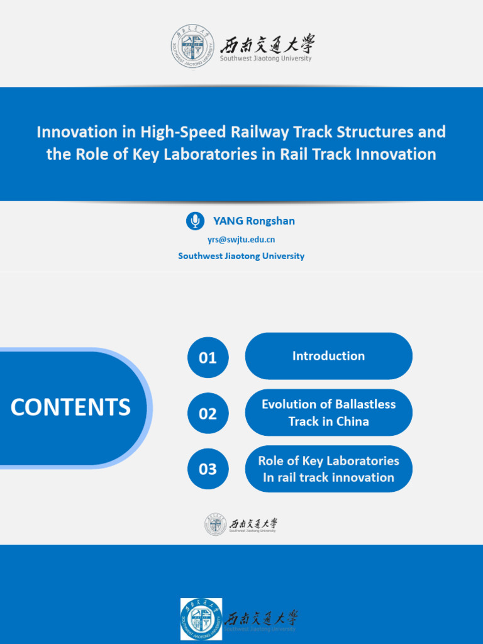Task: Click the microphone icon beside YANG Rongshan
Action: (196, 221)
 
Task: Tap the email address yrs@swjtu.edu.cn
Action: (241, 240)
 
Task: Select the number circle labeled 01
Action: (208, 358)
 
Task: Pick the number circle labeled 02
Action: (208, 413)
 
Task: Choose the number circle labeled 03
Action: (208, 469)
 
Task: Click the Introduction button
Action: (328, 356)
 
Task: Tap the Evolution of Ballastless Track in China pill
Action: (328, 413)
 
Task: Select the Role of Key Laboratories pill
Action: (328, 469)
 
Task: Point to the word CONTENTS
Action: (70, 407)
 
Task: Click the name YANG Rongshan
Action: (254, 221)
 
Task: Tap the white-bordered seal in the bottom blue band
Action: (201, 619)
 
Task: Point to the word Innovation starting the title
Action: (77, 132)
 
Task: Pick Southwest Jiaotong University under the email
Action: (241, 256)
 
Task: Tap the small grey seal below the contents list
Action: (216, 525)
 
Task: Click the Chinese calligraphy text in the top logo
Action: (267, 44)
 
